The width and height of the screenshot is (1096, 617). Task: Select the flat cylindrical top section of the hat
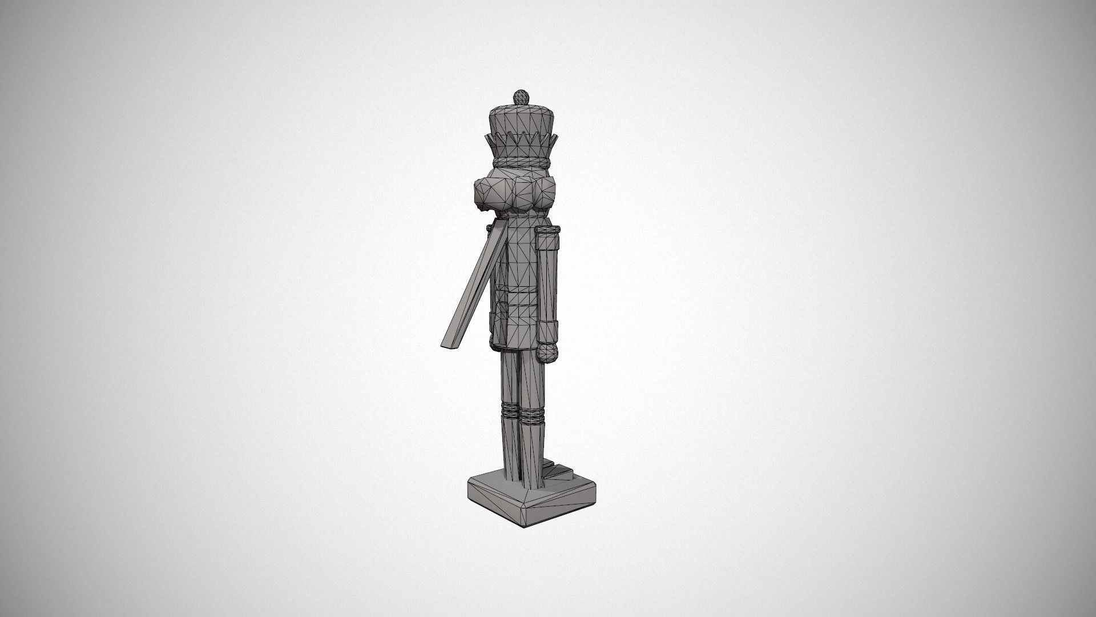point(519,120)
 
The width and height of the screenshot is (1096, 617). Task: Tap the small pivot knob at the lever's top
point(489,229)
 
